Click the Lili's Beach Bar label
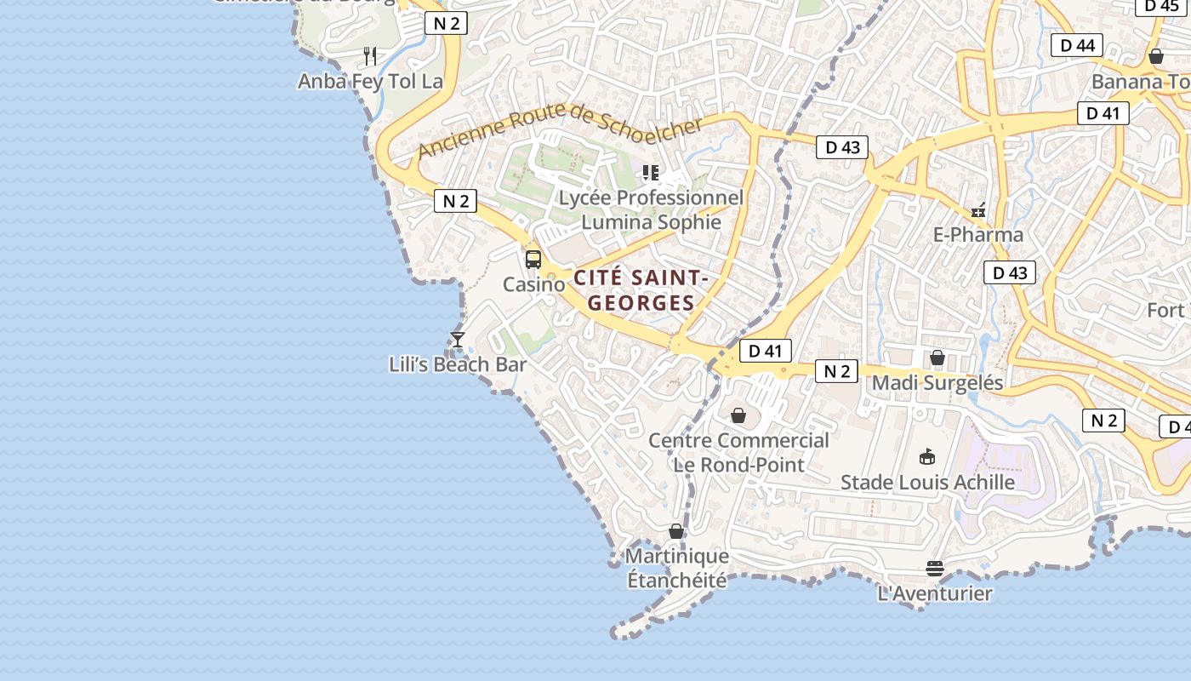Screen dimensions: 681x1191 click(458, 364)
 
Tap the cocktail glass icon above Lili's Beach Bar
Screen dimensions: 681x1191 click(458, 340)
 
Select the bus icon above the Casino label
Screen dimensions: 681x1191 click(533, 260)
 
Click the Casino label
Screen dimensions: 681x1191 click(533, 284)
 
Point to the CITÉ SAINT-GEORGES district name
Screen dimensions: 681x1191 click(641, 290)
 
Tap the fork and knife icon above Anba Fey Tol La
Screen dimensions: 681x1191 click(370, 56)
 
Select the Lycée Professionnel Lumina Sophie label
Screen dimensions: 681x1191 click(651, 210)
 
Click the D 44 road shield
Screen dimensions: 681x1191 click(1077, 45)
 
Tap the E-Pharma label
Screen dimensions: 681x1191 click(978, 234)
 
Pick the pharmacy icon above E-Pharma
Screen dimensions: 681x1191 click(978, 209)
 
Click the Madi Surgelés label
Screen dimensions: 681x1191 click(937, 382)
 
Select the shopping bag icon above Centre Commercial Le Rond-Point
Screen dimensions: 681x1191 click(738, 415)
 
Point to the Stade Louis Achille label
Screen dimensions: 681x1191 click(927, 482)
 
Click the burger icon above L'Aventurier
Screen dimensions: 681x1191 click(935, 569)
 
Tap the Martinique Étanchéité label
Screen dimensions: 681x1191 click(677, 568)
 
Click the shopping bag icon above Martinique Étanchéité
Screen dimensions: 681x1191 click(676, 531)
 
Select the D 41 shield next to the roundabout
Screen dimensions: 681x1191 click(765, 351)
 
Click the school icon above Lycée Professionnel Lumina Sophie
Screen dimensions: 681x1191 click(651, 174)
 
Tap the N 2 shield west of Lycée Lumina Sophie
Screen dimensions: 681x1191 click(455, 201)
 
